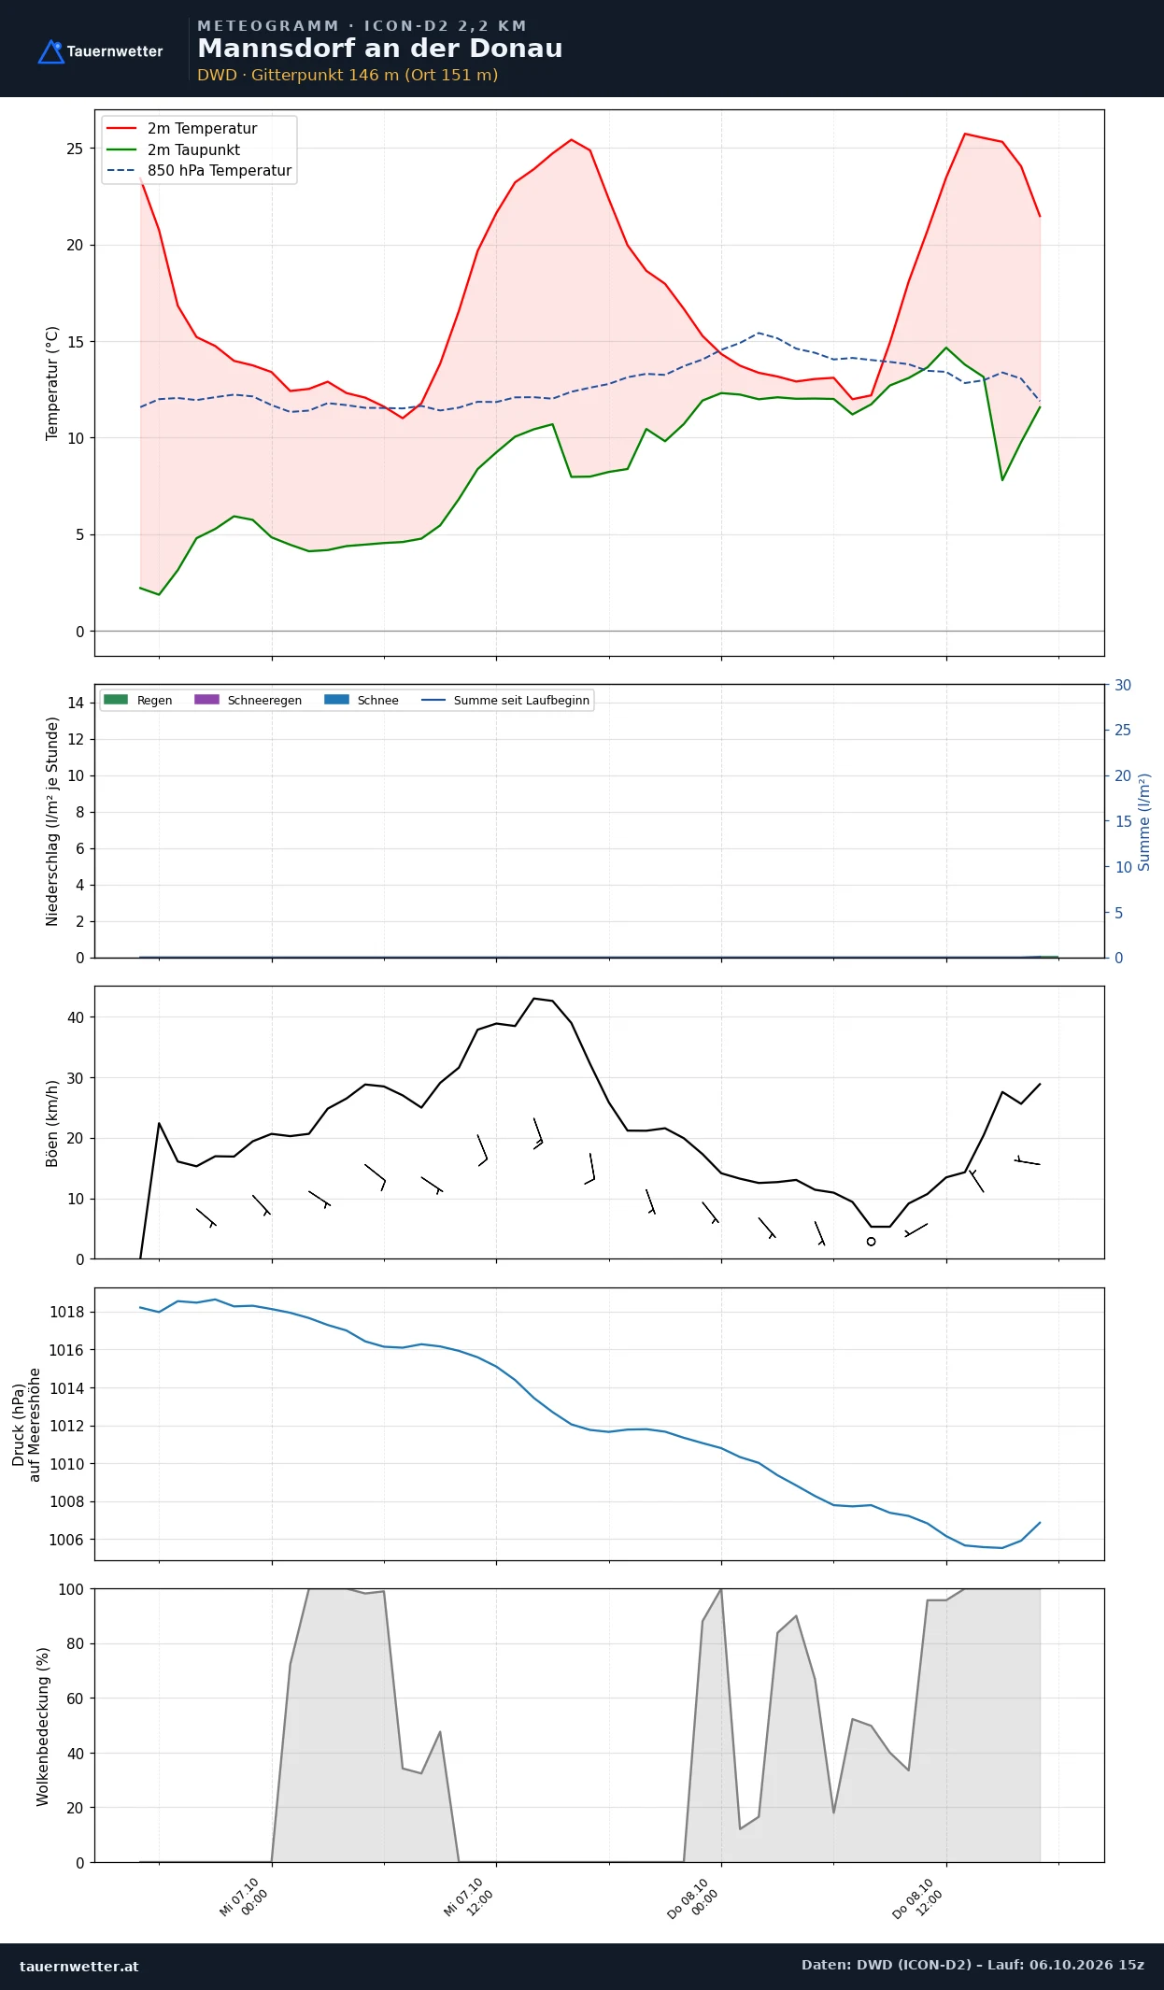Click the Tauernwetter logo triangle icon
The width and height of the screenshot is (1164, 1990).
pos(50,52)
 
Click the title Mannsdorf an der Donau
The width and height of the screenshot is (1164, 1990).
pos(380,49)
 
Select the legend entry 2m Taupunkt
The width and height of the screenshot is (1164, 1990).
pos(193,149)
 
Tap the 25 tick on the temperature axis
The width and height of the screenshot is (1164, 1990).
pos(75,149)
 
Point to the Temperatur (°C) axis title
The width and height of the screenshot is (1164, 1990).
pos(52,383)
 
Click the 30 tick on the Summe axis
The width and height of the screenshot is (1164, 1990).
pos(1123,685)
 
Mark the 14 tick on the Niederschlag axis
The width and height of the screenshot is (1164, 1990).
pos(76,703)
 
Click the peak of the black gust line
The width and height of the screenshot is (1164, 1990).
pos(534,999)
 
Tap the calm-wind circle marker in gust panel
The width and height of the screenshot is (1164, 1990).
pos(871,1242)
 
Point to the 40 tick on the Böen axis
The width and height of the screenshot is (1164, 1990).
pos(76,1017)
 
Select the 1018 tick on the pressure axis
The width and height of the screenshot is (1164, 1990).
pos(66,1312)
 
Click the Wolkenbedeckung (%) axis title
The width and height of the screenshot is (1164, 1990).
pos(43,1727)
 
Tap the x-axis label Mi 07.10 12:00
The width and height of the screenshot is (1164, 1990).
pos(468,1898)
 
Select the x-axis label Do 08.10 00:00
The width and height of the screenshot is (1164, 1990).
pos(692,1898)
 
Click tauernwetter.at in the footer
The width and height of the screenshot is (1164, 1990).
pos(79,1966)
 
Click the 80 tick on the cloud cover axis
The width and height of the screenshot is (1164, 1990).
pos(76,1643)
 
